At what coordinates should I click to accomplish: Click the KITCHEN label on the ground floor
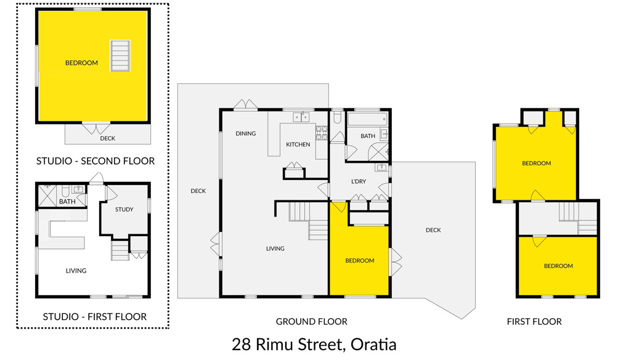[x=298, y=145]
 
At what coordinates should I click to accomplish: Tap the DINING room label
[x=245, y=134]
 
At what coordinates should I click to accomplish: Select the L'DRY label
[x=359, y=182]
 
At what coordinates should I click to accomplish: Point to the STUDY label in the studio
[x=124, y=210]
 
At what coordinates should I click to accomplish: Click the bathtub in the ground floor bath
[x=367, y=120]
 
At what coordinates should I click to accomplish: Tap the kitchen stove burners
[x=322, y=133]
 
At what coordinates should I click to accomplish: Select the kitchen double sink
[x=301, y=117]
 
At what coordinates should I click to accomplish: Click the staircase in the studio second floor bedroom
[x=120, y=56]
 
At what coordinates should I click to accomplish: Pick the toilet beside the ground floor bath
[x=338, y=117]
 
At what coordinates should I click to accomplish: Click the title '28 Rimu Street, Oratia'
[x=314, y=345]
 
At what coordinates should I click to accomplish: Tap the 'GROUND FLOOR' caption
[x=311, y=322]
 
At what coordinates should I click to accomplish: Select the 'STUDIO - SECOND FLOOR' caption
[x=96, y=161]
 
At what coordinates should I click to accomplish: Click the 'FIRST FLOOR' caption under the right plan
[x=534, y=322]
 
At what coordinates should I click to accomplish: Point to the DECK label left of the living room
[x=198, y=191]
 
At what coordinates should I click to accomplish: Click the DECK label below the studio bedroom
[x=107, y=139]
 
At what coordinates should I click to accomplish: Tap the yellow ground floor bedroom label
[x=360, y=261]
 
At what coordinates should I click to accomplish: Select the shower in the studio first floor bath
[x=47, y=195]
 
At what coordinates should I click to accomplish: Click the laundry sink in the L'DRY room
[x=381, y=166]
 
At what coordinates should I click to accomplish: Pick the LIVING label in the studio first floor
[x=76, y=271]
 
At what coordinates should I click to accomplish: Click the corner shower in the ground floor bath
[x=378, y=152]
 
